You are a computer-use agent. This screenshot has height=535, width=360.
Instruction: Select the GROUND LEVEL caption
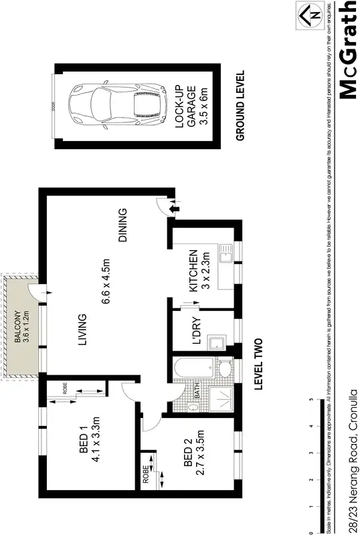(x=241, y=106)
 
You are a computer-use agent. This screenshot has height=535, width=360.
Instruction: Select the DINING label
(x=122, y=226)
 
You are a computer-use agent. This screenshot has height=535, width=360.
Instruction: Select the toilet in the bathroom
(x=225, y=369)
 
